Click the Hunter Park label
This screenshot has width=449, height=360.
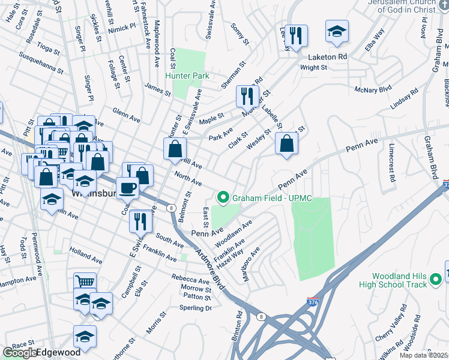tap(187, 76)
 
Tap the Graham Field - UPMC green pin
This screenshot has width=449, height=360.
tap(223, 196)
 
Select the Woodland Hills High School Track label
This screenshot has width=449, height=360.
tap(399, 280)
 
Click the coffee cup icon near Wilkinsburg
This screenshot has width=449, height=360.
tap(127, 188)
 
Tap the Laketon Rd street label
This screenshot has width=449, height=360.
tap(328, 57)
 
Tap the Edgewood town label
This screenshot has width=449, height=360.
tap(59, 353)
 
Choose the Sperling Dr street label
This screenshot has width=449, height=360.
tap(196, 308)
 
